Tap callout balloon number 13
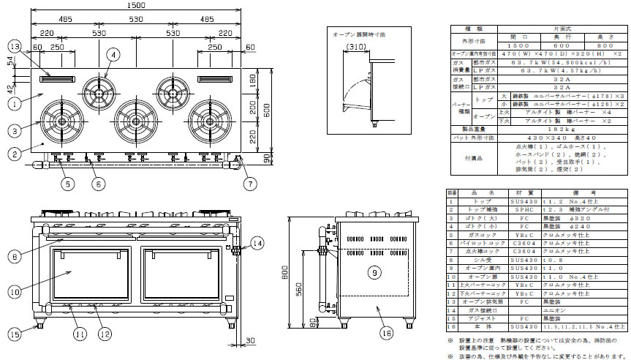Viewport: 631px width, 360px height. pyautogui.click(x=15, y=46)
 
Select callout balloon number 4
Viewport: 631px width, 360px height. pyautogui.click(x=113, y=54)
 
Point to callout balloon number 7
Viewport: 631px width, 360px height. pyautogui.click(x=251, y=182)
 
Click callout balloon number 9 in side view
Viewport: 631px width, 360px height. pyautogui.click(x=373, y=272)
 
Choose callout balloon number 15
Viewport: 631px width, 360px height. pyautogui.click(x=16, y=334)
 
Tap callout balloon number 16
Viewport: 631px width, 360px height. pyautogui.click(x=387, y=334)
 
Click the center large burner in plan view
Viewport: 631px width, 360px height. pyautogui.click(x=135, y=118)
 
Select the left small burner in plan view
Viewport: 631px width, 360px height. pyautogui.click(x=97, y=90)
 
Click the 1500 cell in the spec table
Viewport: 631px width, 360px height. pyautogui.click(x=518, y=45)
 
